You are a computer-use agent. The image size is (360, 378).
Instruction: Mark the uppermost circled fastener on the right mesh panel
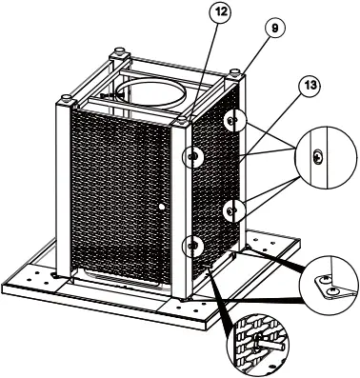(233, 121)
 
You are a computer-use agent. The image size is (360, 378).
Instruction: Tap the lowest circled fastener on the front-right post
(193, 245)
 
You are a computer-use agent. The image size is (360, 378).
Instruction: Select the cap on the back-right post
(234, 70)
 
